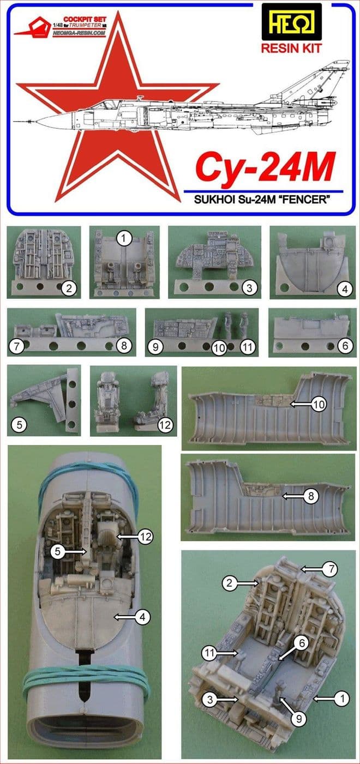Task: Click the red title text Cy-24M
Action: pos(264,169)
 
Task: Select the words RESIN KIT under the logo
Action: pos(291,48)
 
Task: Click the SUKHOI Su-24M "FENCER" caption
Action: pos(265,200)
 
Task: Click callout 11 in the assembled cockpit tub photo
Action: pos(211,652)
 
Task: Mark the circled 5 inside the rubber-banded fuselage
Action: pos(57,551)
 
